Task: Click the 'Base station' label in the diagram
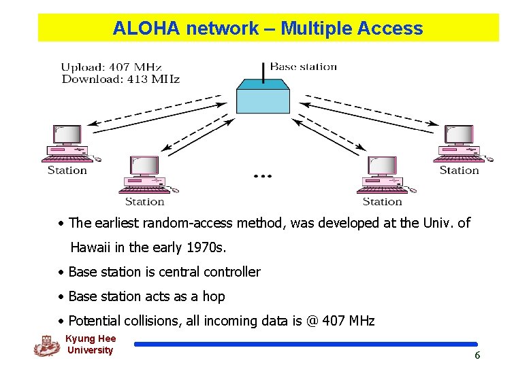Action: pyautogui.click(x=304, y=67)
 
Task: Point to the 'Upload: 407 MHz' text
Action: pyautogui.click(x=112, y=67)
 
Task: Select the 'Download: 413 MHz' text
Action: pyautogui.click(x=120, y=79)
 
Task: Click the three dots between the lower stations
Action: pyautogui.click(x=262, y=176)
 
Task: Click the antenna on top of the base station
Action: pyautogui.click(x=263, y=70)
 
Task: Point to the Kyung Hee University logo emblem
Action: pyautogui.click(x=47, y=346)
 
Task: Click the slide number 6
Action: pyautogui.click(x=477, y=355)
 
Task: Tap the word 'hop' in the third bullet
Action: pyautogui.click(x=213, y=296)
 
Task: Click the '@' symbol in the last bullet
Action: pyautogui.click(x=312, y=321)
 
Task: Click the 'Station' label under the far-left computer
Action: pyautogui.click(x=67, y=170)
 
